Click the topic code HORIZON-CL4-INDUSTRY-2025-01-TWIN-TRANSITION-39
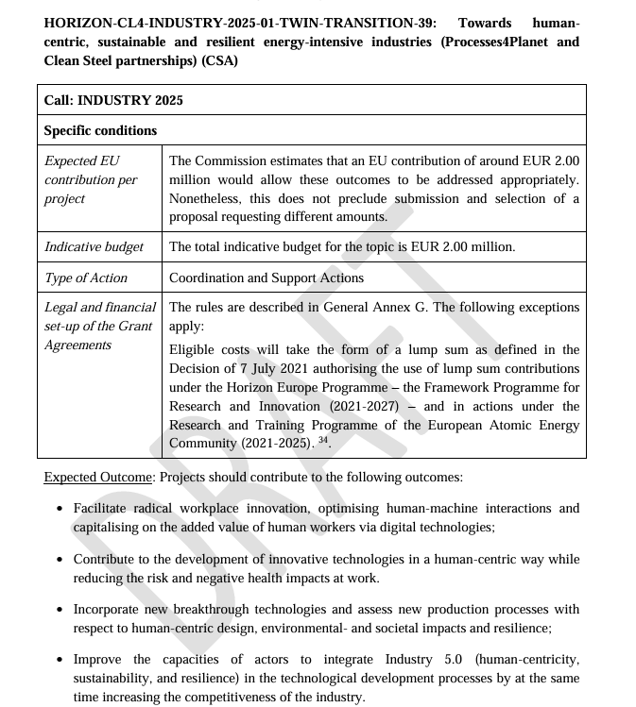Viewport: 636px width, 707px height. [x=240, y=23]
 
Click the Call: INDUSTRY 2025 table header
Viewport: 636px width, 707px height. [x=113, y=100]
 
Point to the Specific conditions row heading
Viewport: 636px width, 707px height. [x=100, y=130]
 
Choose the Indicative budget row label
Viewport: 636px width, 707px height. [x=94, y=246]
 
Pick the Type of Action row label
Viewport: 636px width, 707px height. [x=85, y=278]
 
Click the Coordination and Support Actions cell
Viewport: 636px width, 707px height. [x=266, y=278]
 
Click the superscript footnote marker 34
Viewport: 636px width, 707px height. [x=322, y=440]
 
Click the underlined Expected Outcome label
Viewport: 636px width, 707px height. [x=97, y=477]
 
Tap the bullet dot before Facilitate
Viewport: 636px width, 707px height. [x=60, y=508]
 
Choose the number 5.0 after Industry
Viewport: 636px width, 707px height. [x=443, y=660]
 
